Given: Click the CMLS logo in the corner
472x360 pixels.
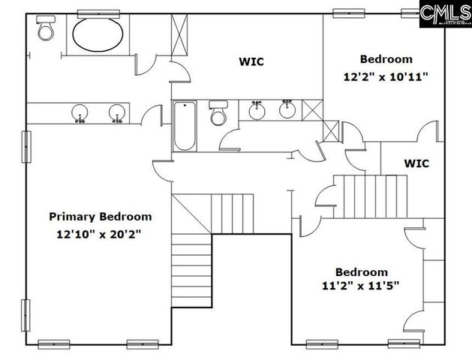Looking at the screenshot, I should (444, 13).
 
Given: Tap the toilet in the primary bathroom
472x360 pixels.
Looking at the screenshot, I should (45, 31).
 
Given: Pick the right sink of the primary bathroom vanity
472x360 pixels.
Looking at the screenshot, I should (117, 114).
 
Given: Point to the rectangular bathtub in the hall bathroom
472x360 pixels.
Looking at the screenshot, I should (184, 127).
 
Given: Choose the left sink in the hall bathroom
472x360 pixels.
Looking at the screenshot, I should (258, 110).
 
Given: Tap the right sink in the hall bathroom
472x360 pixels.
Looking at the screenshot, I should (287, 110).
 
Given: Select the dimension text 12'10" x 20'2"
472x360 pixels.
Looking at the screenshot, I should (99, 234).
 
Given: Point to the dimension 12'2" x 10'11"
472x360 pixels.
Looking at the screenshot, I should (386, 76).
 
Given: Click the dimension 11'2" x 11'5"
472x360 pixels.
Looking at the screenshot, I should (362, 285).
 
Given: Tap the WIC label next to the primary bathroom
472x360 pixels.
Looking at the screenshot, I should (251, 61).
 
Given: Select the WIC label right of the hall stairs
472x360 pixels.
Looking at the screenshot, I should (416, 163).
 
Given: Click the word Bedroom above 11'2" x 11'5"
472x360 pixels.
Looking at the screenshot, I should (362, 271).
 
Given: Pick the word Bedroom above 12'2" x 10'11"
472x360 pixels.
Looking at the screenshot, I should (386, 59).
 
